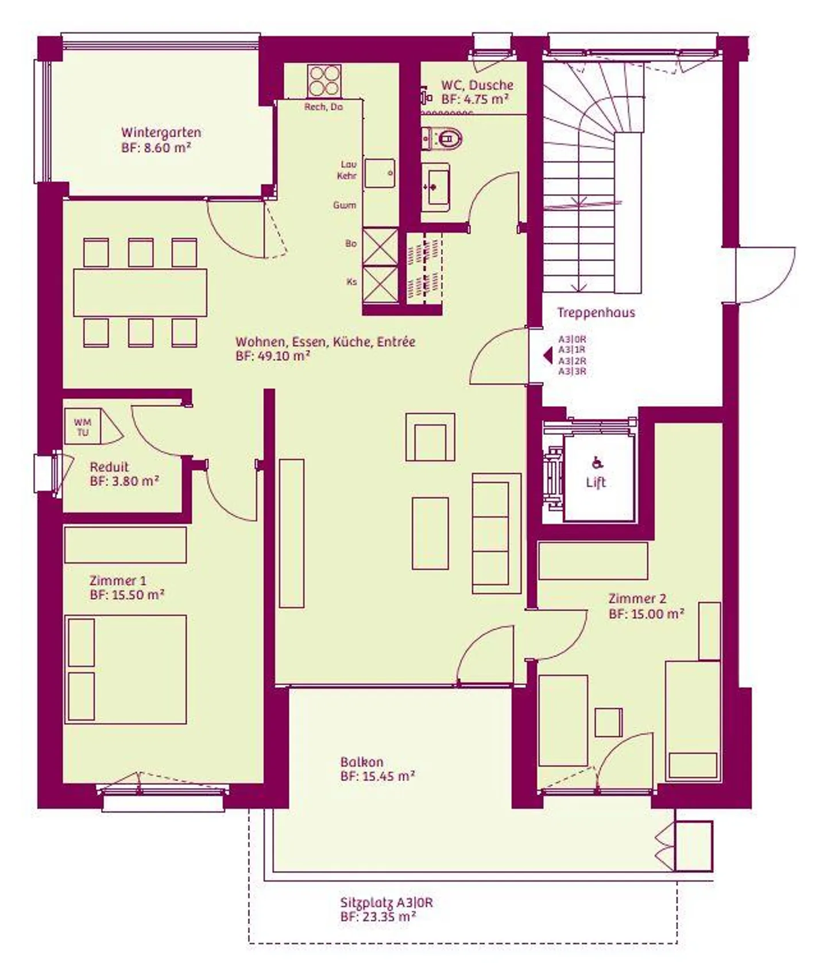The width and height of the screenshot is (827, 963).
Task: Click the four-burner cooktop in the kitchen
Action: (x=324, y=81)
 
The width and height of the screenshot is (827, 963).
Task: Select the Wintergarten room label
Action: (x=161, y=133)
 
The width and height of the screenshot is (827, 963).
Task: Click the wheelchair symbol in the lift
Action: (x=597, y=462)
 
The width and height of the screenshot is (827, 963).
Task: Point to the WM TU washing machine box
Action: (x=83, y=426)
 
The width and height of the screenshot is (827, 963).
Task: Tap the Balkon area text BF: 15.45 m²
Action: (x=377, y=776)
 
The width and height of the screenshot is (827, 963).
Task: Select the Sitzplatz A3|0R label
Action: (x=387, y=902)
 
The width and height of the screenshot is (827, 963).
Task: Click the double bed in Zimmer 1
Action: (x=126, y=669)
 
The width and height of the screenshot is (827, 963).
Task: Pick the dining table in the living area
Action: (x=140, y=293)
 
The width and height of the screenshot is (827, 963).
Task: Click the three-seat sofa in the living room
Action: (x=497, y=533)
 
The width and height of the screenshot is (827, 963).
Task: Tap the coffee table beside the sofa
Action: (x=430, y=533)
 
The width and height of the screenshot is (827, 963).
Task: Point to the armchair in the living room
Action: (x=431, y=437)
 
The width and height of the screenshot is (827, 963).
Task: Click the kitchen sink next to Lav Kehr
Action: (x=380, y=173)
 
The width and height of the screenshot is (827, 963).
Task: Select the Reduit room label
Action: (x=109, y=467)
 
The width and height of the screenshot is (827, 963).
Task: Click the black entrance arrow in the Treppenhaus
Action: (x=548, y=356)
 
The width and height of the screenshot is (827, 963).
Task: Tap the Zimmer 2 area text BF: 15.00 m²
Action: (x=646, y=613)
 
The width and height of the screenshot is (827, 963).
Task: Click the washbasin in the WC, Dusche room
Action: (x=435, y=184)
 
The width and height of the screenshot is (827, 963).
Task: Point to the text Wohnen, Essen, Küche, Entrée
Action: (x=325, y=342)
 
